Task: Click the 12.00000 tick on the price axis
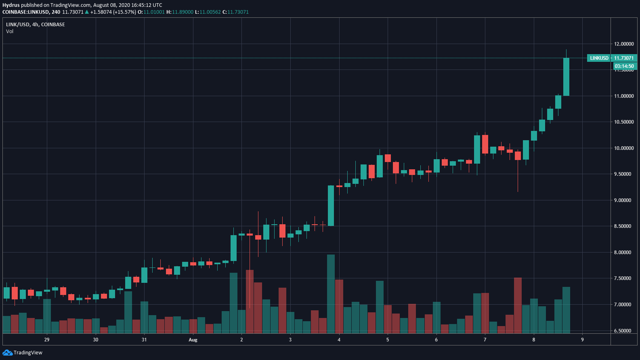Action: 623,44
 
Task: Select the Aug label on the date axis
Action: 193,340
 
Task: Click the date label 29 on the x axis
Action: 47,340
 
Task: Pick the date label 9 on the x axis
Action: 582,340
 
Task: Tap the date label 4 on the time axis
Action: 339,340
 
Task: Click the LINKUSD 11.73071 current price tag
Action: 611,58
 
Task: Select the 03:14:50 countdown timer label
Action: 624,66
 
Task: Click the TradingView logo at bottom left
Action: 22,353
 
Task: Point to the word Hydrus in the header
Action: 11,5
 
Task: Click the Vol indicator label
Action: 10,32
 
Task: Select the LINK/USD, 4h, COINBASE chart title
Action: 36,25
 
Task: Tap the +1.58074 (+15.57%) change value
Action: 113,12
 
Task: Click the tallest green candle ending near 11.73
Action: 566,77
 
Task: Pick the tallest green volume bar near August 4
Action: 331,294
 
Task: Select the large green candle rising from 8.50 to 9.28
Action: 331,205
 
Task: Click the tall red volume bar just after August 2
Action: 250,301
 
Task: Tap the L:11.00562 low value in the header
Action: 208,12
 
